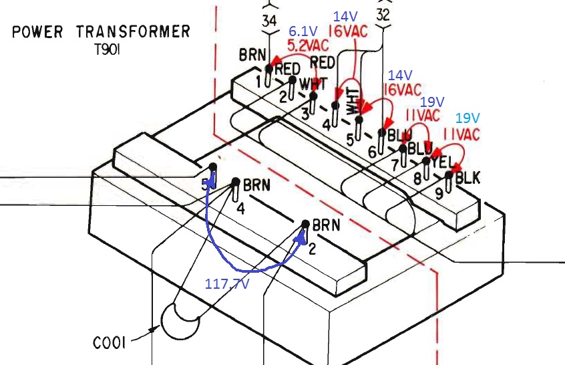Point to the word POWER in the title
click(40, 31)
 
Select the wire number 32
click(383, 14)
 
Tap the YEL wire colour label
click(442, 162)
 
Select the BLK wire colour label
click(467, 178)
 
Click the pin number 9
click(439, 194)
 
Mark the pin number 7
click(395, 164)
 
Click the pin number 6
click(373, 151)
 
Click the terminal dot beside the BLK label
click(448, 175)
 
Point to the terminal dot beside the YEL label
click(426, 160)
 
